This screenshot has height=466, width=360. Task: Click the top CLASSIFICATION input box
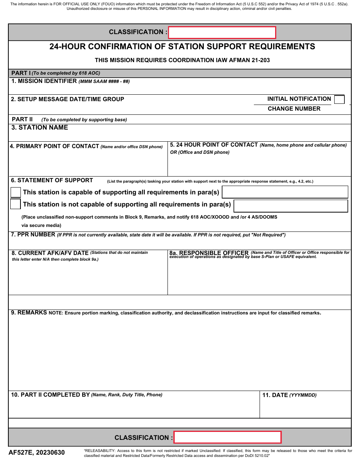[222, 33]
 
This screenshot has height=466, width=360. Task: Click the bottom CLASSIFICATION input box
[227, 437]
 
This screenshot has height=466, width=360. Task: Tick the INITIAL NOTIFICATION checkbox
[339, 100]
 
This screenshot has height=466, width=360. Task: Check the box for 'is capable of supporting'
[16, 192]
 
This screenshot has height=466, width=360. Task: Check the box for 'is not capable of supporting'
[16, 205]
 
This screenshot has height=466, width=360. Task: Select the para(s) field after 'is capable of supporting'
[285, 192]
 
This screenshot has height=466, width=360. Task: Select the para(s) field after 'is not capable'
[291, 206]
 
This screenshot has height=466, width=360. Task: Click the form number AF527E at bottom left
[20, 452]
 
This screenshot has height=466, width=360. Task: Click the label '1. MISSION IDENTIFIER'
[44, 81]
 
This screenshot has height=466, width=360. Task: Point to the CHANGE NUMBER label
[294, 109]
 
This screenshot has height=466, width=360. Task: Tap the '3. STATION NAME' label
[40, 128]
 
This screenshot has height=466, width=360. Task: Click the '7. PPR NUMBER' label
[33, 235]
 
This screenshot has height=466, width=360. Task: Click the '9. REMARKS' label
[29, 313]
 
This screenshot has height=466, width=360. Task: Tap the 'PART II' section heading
[22, 119]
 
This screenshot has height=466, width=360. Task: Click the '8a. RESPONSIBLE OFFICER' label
[209, 253]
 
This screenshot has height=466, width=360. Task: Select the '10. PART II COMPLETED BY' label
[50, 395]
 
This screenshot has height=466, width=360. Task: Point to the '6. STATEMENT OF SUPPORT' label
[52, 180]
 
